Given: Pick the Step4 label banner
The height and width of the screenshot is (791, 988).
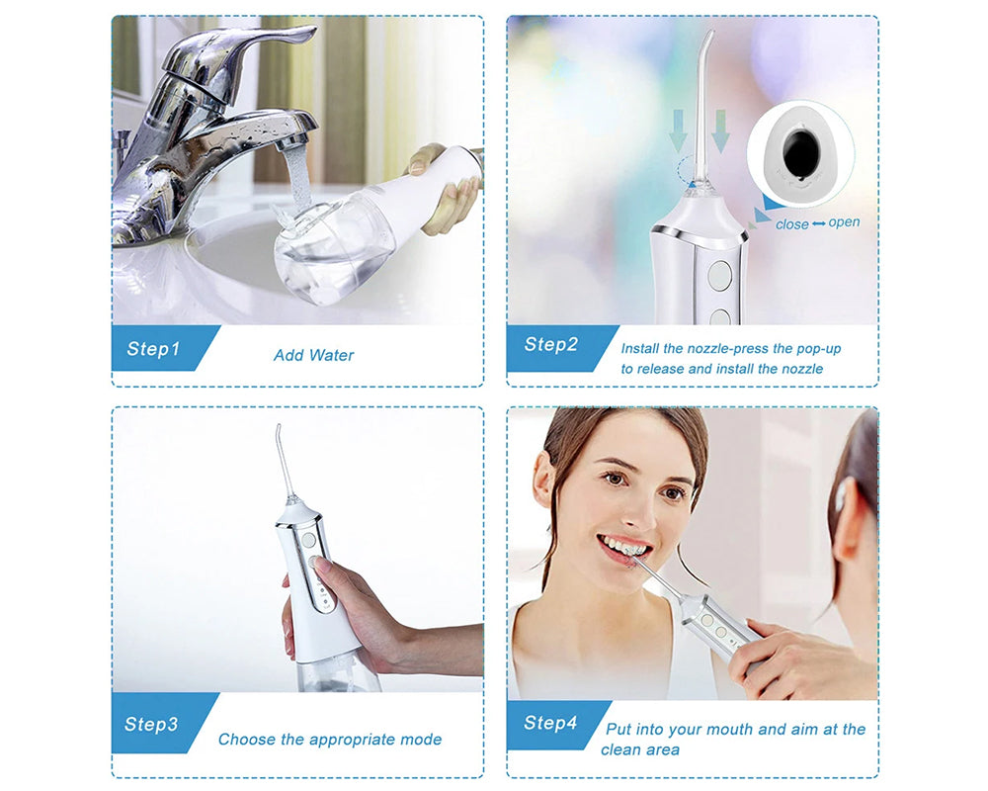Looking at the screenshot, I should click(x=551, y=723).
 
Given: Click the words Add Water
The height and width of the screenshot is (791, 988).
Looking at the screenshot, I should click(x=313, y=355).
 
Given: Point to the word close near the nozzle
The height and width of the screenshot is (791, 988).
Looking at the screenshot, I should click(x=792, y=224).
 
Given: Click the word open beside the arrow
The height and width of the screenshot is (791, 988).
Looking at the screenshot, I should click(x=845, y=222).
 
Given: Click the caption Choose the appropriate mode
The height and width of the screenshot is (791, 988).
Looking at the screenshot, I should click(x=330, y=740).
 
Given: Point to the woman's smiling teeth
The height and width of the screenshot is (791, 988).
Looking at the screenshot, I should click(x=623, y=546).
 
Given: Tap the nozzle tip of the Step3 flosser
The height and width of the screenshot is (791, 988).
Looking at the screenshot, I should click(x=279, y=431).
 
